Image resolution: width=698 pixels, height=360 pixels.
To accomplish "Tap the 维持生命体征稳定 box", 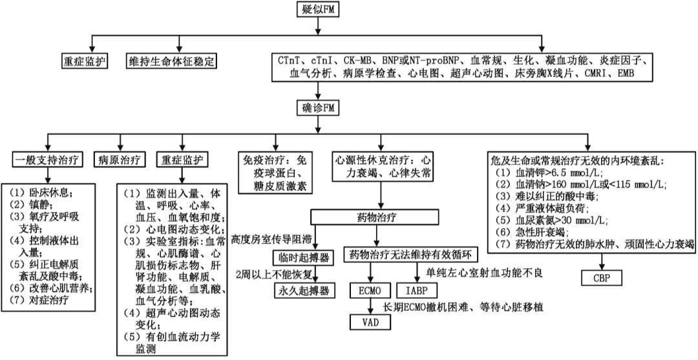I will coord(171,61).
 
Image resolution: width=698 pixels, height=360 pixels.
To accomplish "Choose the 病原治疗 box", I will coord(120,159).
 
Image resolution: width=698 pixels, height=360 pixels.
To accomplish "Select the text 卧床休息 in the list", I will coord(48,192).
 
